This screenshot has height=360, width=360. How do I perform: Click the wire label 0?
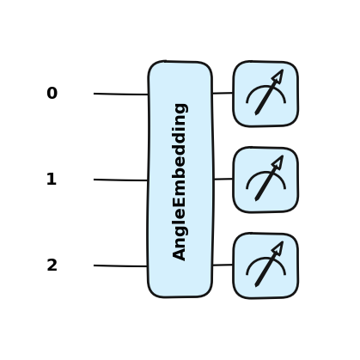click(x=52, y=93)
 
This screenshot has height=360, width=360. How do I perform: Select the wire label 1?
click(x=52, y=179)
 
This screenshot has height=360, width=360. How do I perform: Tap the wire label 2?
click(x=52, y=265)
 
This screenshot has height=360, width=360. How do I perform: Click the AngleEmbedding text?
click(x=180, y=182)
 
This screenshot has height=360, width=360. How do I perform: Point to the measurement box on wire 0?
click(x=265, y=94)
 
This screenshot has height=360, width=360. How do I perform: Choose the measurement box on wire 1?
click(x=265, y=180)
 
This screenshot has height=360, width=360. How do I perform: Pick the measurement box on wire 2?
click(x=265, y=265)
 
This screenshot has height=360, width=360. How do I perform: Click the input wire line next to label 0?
click(x=121, y=94)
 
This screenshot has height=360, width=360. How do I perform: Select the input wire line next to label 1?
click(x=120, y=180)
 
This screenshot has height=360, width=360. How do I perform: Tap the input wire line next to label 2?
click(x=120, y=266)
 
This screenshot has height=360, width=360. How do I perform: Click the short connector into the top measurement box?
click(x=223, y=93)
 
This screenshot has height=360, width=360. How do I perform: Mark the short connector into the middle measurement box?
click(x=223, y=179)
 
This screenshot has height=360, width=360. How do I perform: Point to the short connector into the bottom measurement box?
click(x=223, y=265)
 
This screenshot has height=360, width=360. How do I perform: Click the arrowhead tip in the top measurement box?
click(x=283, y=70)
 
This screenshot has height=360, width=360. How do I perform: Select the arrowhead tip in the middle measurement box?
click(x=283, y=156)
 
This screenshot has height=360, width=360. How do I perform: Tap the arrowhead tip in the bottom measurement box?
click(x=283, y=241)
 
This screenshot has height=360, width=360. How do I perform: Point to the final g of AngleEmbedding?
click(x=180, y=108)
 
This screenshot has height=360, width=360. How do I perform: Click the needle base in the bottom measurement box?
click(x=256, y=285)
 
